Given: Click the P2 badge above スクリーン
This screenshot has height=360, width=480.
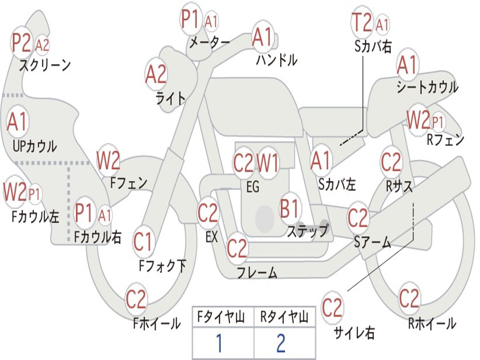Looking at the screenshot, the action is (22, 43).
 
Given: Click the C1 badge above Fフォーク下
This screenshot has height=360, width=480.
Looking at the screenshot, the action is (143, 242).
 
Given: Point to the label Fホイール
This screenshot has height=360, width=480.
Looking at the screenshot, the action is (157, 323).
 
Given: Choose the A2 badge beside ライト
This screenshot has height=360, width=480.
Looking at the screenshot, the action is (156, 74).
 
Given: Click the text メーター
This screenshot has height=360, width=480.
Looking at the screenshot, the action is (209, 43).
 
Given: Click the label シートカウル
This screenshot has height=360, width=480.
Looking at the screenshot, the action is (427, 87).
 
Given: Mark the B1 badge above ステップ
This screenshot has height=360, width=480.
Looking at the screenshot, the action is (290, 208).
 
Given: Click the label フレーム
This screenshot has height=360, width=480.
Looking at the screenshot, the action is (256, 272).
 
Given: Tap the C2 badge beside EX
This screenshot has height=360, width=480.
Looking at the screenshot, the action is (208, 213).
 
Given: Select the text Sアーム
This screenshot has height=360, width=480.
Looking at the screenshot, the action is (372, 242).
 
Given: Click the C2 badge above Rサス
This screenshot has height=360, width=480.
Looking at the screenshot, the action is (391, 162).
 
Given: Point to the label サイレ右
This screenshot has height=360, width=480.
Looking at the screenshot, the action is (354, 333).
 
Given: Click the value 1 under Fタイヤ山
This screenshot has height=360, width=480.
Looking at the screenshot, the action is (219, 344).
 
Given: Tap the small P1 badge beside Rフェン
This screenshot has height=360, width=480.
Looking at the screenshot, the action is (437, 123).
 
